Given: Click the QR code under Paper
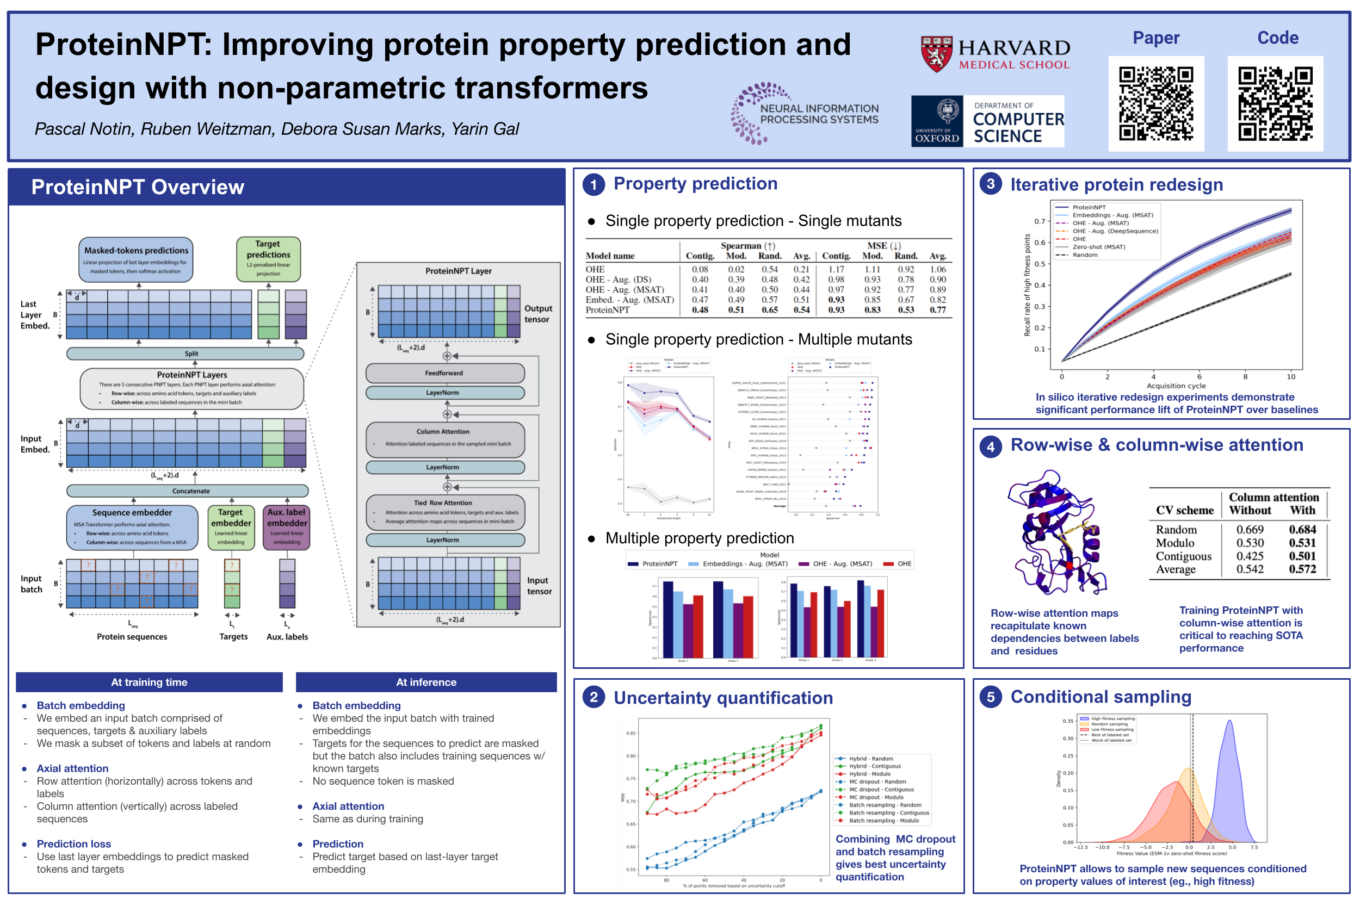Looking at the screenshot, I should coord(1155,103).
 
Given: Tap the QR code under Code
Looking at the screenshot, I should coord(1275,103).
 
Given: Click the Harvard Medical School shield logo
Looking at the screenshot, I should coord(936,54).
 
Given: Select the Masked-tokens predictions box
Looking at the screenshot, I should coord(136,259).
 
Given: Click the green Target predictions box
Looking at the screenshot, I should coord(268,258).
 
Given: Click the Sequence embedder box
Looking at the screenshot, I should coord(132,527).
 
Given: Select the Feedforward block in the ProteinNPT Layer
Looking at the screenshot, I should coord(444,373).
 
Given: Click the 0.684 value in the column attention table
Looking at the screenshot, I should coord(1302,529).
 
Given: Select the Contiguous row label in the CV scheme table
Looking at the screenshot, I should coord(1183,556).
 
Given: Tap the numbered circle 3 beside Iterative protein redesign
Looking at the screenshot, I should coord(990,184).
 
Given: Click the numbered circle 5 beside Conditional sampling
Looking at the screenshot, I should coord(990,697).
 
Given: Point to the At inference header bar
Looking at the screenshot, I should coord(426,682).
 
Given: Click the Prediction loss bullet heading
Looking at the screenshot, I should coord(74,843).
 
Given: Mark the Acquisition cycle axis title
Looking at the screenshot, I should coord(1176,386).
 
